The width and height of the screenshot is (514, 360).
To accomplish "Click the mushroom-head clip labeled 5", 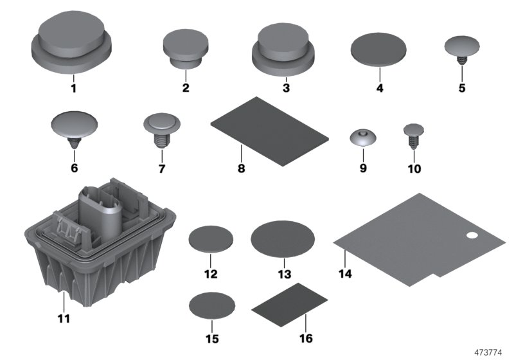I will click(462, 48).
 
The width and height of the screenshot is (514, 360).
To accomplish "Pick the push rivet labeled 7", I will click(161, 127).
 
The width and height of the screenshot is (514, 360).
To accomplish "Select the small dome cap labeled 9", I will click(363, 138).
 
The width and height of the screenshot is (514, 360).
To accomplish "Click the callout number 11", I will click(64, 318).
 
